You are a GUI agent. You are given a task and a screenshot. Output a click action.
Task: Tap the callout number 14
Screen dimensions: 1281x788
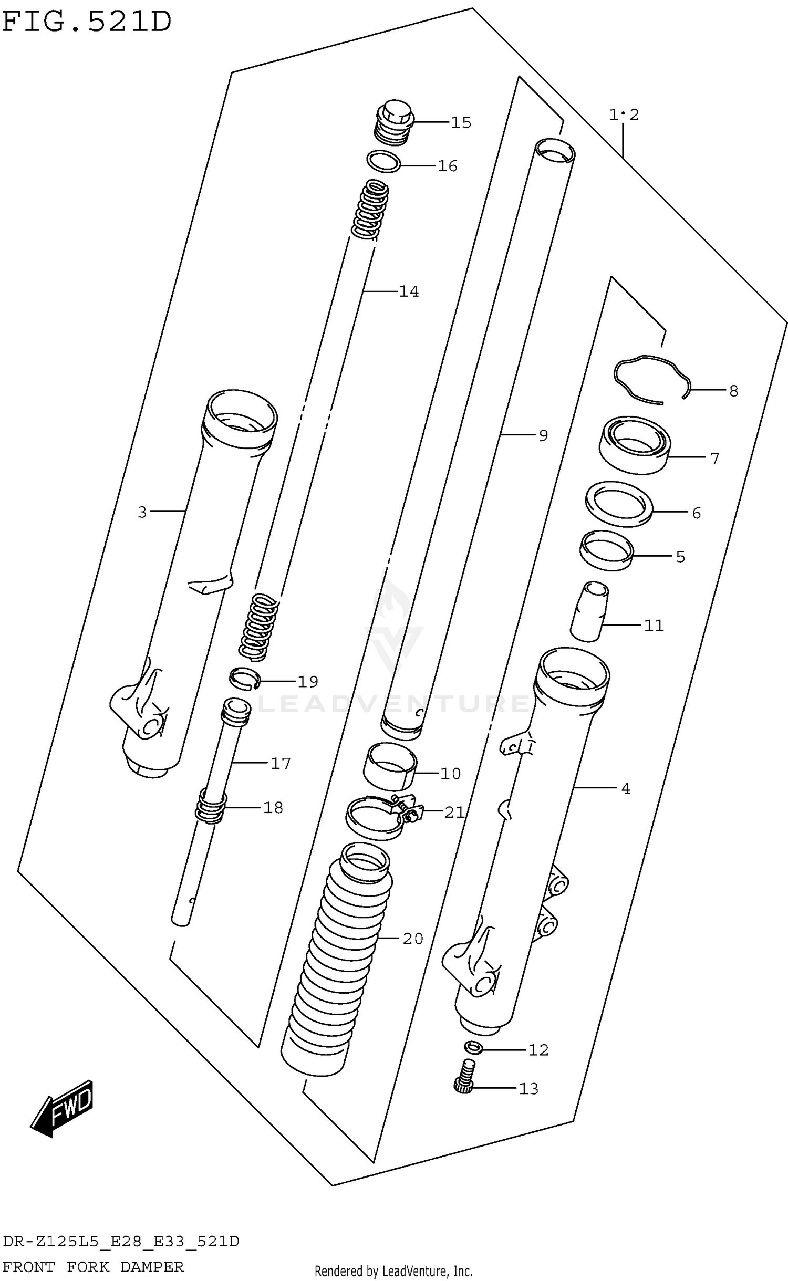[x=409, y=291]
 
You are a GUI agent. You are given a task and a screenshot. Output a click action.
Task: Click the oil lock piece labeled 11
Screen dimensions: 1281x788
[x=589, y=612]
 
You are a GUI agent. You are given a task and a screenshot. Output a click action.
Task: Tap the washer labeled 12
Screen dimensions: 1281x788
[x=474, y=1047]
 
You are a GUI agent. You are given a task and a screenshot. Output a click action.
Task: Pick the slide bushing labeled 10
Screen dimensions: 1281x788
[x=390, y=767]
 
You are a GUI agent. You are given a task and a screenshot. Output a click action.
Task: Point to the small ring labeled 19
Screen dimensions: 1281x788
[x=244, y=679]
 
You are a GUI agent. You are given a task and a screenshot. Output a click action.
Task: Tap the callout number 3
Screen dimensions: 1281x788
[x=142, y=513]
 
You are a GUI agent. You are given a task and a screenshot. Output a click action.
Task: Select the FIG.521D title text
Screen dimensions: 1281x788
[x=87, y=22]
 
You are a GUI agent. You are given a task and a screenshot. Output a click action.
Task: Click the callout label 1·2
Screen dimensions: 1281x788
[x=624, y=114]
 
